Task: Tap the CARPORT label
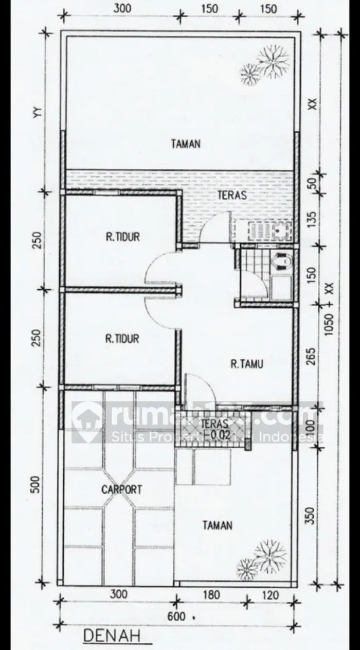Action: pos(121,489)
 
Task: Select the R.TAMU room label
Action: pos(247,364)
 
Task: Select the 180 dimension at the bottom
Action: pos(211,595)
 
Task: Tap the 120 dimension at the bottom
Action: pos(271,595)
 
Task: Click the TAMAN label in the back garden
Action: pos(186,144)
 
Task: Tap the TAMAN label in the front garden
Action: pos(217,525)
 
